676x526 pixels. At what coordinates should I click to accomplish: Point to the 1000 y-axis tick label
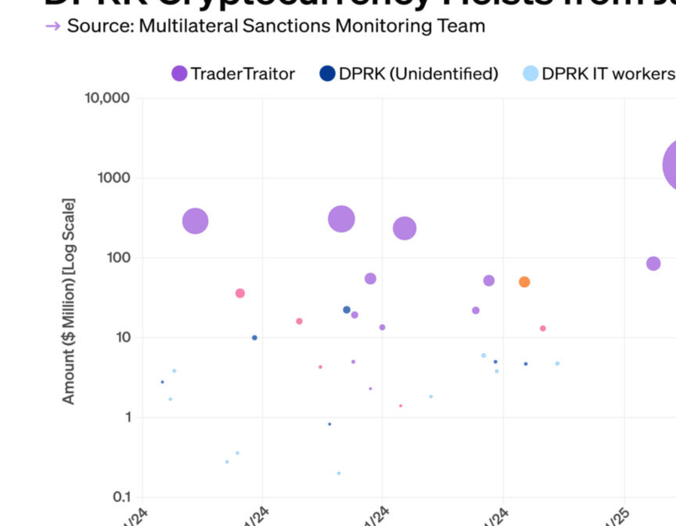(x=115, y=178)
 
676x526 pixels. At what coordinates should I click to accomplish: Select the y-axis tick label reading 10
(x=122, y=337)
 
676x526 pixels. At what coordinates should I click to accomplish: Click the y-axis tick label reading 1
(x=125, y=417)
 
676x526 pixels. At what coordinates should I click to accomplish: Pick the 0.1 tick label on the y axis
(x=121, y=497)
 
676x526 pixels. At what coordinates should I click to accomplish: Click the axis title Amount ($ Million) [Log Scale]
(x=69, y=301)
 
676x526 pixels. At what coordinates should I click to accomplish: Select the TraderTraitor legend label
(x=243, y=74)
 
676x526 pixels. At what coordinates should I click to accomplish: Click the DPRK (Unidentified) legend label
(x=418, y=74)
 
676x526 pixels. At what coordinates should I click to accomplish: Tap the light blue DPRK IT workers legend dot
(x=530, y=74)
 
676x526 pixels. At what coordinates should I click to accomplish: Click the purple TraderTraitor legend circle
(x=180, y=74)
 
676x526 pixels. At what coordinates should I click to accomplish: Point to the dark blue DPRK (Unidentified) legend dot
(x=327, y=74)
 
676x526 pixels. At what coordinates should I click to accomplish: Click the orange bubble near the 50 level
(x=524, y=282)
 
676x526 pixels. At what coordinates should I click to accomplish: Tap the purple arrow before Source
(x=53, y=26)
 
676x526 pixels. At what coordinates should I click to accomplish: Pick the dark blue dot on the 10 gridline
(x=255, y=337)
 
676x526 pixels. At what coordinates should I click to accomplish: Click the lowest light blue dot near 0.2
(x=339, y=473)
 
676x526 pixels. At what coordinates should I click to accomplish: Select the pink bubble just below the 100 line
(x=240, y=293)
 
